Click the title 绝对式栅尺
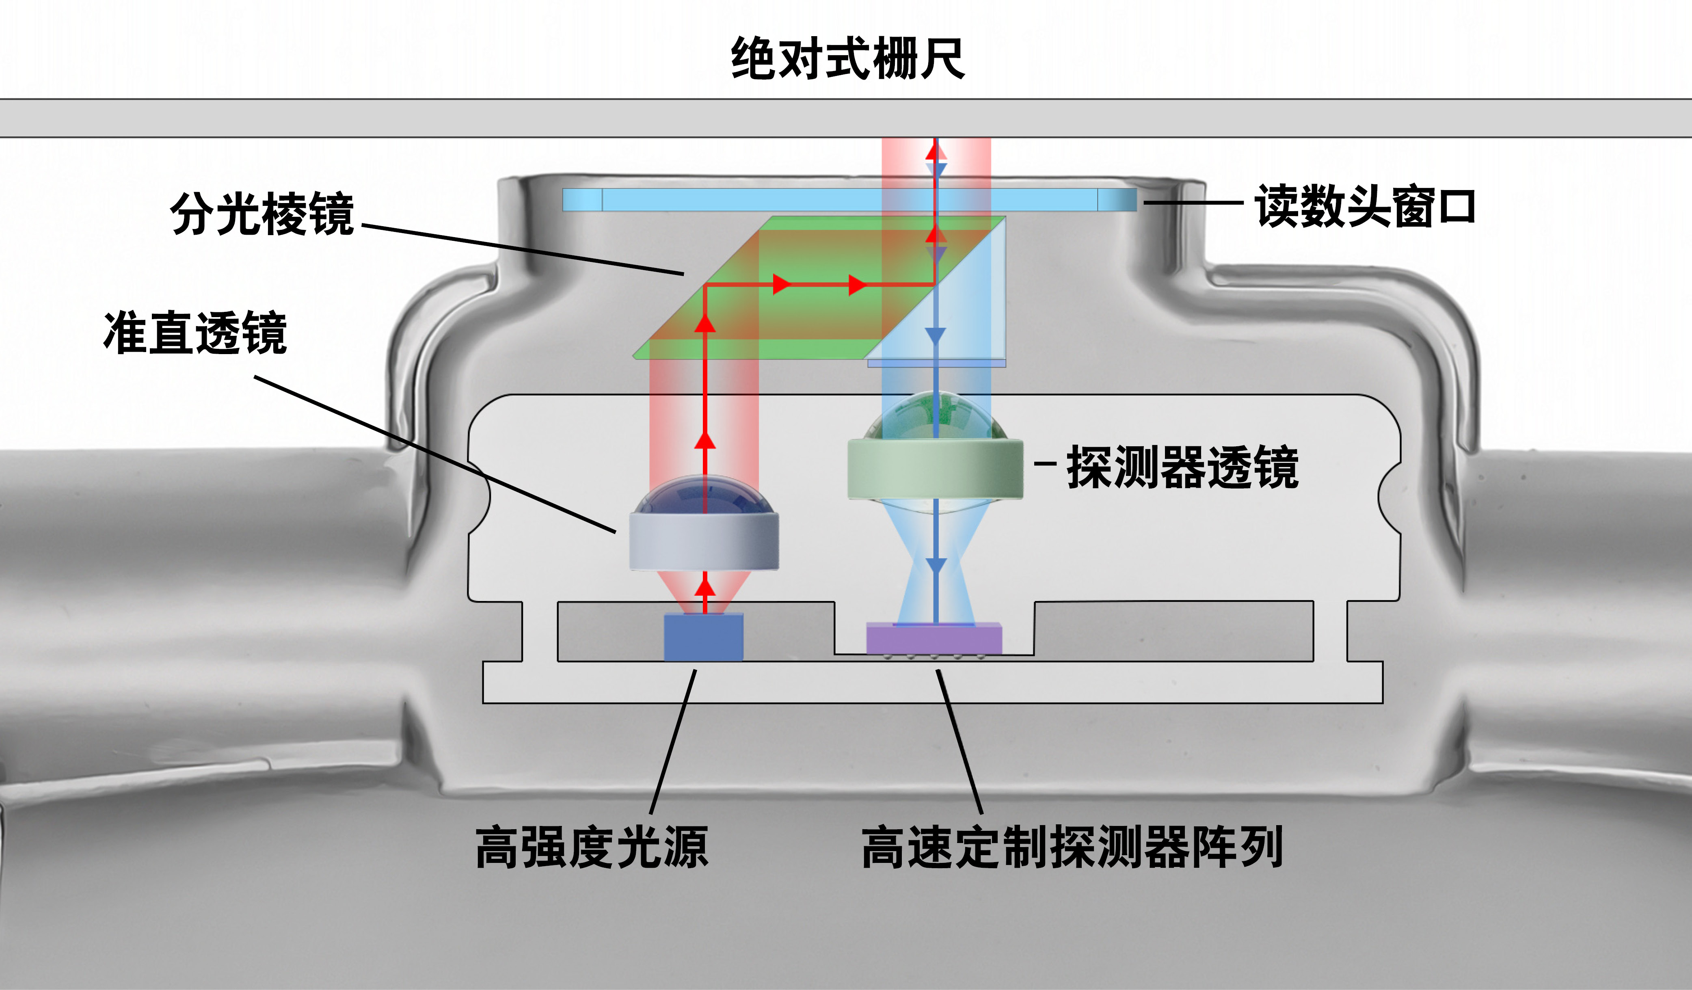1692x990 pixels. (x=847, y=59)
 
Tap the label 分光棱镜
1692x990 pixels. (x=262, y=214)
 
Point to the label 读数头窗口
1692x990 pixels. (x=1366, y=206)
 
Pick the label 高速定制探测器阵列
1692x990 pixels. (x=1072, y=847)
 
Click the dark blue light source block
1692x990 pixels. (x=704, y=637)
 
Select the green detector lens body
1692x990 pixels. (x=935, y=469)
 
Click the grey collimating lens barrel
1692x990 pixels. (x=704, y=540)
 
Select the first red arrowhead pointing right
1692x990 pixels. (x=781, y=285)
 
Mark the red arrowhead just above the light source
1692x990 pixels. (x=704, y=588)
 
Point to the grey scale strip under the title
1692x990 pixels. (x=846, y=118)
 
